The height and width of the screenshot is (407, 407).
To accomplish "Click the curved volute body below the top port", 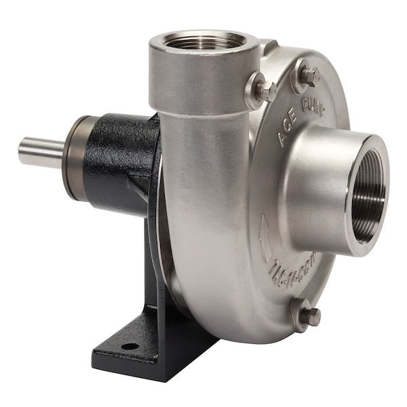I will click(x=203, y=203).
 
